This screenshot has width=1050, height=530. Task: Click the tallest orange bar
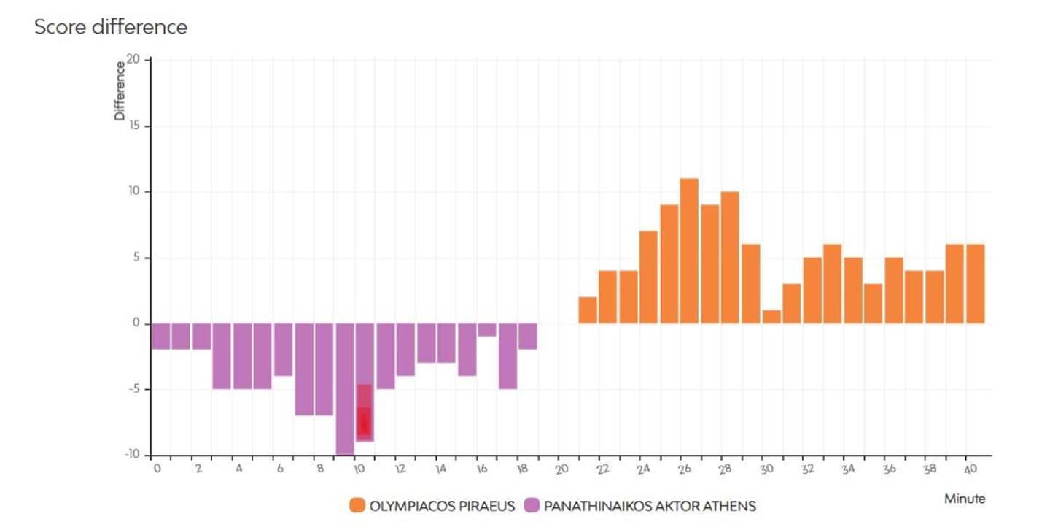tap(689, 250)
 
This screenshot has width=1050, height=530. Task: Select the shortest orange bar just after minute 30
tap(771, 317)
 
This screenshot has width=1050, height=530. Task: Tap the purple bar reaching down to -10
tap(345, 389)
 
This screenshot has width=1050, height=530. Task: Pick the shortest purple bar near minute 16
tap(487, 330)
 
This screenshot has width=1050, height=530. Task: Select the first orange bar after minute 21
tap(588, 310)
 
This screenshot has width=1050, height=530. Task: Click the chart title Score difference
tap(111, 27)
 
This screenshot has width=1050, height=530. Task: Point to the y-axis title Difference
tap(120, 91)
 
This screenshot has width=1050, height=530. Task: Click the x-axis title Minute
tap(965, 499)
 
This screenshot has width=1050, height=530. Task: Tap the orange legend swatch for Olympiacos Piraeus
tap(357, 506)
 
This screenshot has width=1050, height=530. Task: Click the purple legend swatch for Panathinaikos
tap(532, 506)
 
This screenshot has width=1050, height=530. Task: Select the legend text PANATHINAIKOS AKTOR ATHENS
tap(650, 506)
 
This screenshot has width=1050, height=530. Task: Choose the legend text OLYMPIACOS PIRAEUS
tap(442, 506)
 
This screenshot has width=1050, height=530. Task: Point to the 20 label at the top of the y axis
tap(133, 59)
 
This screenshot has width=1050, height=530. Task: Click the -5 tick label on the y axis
tap(133, 389)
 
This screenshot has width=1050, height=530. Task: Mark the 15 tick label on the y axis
tap(134, 126)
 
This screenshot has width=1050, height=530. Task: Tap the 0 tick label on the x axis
tap(157, 469)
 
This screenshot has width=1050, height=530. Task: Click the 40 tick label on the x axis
tap(971, 469)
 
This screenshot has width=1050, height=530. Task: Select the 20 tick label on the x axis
tap(561, 469)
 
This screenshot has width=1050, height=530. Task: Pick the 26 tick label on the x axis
tap(685, 469)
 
